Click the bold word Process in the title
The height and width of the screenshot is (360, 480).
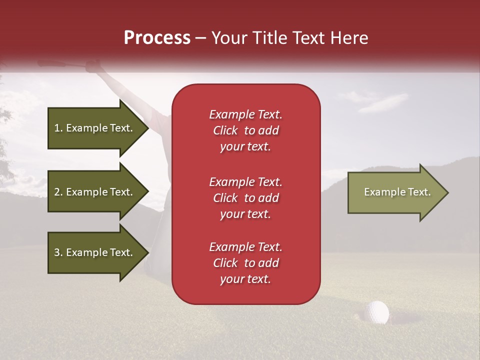click(x=157, y=38)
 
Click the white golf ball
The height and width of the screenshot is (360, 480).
click(x=377, y=312)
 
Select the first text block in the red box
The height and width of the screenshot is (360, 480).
click(x=245, y=130)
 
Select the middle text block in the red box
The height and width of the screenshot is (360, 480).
click(x=245, y=198)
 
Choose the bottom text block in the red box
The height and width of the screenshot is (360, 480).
click(x=245, y=263)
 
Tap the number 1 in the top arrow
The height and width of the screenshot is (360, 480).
click(x=57, y=128)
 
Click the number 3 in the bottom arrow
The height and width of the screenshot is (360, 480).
click(x=57, y=252)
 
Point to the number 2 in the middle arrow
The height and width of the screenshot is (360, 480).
click(x=57, y=192)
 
